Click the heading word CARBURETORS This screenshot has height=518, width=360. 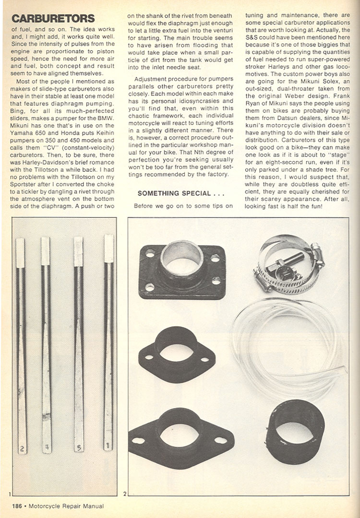click(x=53, y=19)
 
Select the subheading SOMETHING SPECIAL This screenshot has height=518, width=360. click(x=174, y=193)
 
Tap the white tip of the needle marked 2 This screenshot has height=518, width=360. click(x=20, y=252)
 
